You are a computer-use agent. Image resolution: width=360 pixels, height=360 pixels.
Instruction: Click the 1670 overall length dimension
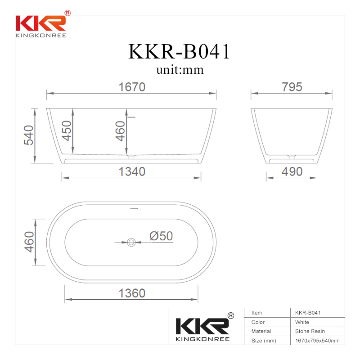coord(132,87)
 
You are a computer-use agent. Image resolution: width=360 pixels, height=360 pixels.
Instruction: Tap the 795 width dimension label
coord(292,87)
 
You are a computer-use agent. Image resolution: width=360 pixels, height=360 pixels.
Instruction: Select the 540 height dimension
coord(29,135)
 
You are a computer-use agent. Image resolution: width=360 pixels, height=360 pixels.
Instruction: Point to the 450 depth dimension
coord(67,130)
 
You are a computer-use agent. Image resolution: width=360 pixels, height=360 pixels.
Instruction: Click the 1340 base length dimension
coord(132,172)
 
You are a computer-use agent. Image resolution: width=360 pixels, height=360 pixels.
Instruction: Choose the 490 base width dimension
coord(292,172)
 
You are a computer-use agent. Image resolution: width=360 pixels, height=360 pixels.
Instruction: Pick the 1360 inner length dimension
coord(132,293)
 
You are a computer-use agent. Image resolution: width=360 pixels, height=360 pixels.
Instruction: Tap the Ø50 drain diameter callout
coord(161,236)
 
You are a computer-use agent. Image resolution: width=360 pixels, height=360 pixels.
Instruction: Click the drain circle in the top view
coord(131,242)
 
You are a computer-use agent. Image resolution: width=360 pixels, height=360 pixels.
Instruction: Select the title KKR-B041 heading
coord(179,52)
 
